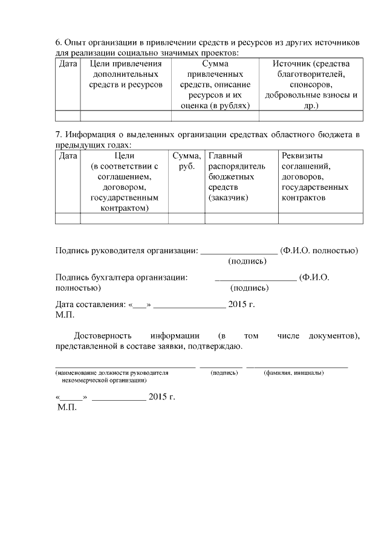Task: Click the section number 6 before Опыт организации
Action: [x=58, y=43]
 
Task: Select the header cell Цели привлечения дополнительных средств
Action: [x=126, y=74]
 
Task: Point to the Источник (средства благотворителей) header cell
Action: [x=311, y=85]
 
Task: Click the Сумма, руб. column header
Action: [x=187, y=161]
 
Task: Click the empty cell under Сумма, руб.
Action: [x=187, y=219]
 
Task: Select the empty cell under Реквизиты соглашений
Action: [x=320, y=219]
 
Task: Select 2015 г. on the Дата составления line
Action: [x=242, y=305]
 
